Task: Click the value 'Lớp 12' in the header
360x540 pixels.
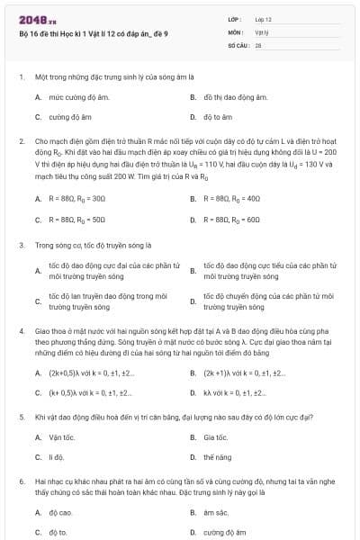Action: (x=264, y=18)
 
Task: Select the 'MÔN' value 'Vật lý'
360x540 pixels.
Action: (x=262, y=31)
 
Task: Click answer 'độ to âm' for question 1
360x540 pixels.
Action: (x=217, y=117)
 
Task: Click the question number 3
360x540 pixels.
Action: (x=21, y=245)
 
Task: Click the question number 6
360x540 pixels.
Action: (x=21, y=482)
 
